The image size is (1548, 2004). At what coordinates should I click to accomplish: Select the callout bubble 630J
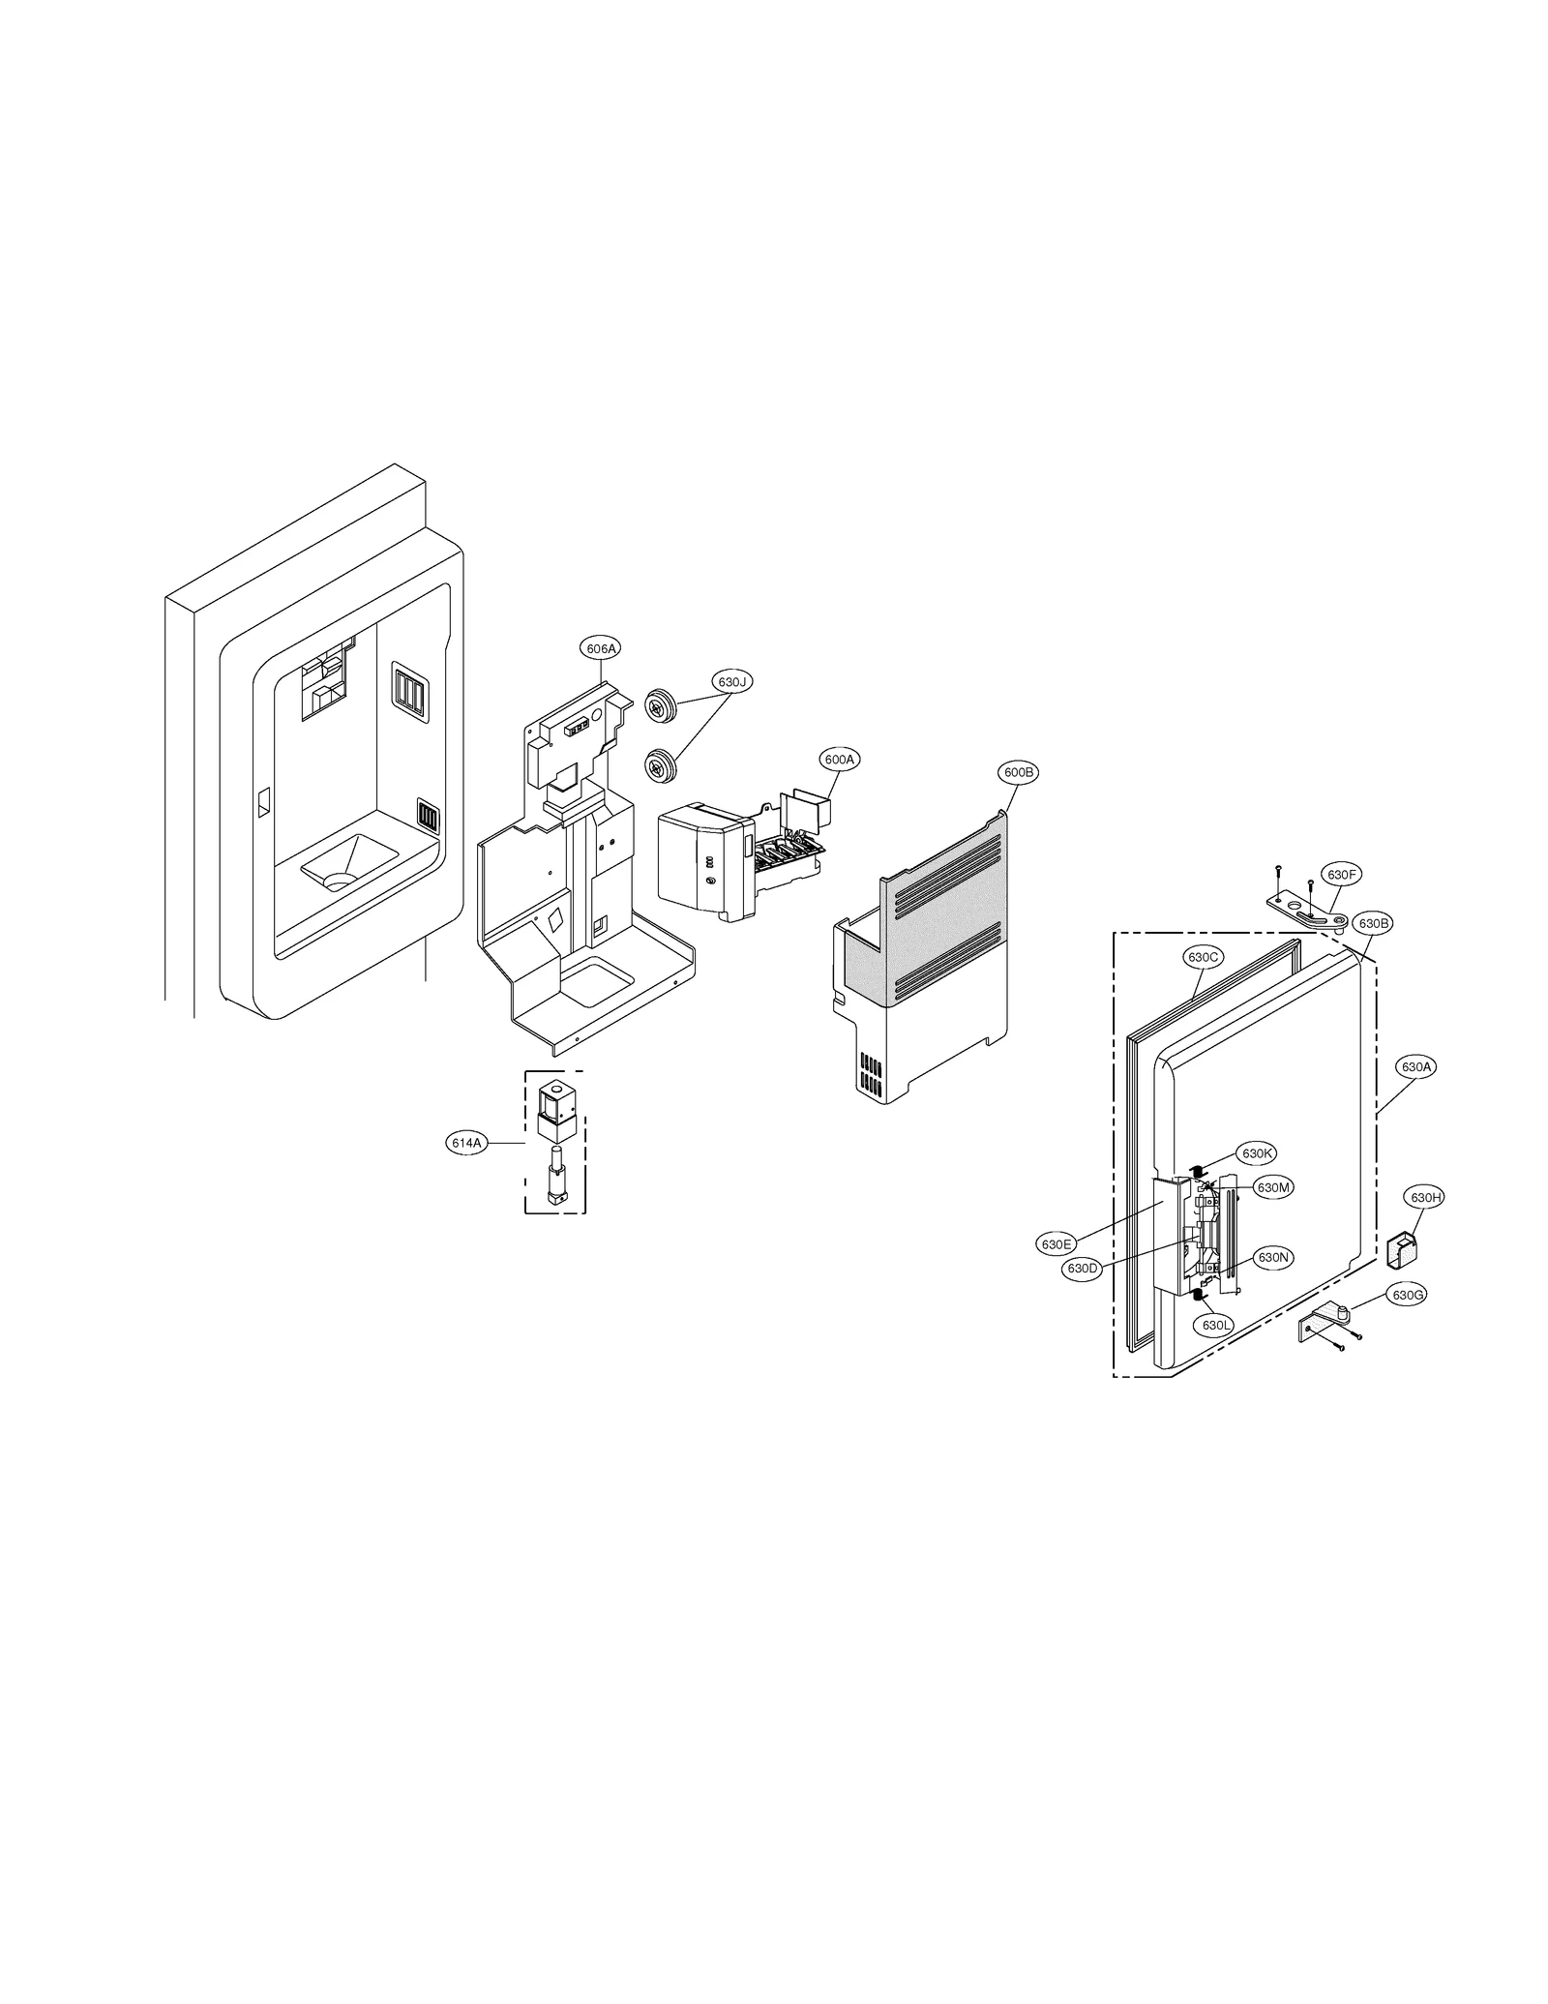[x=732, y=681]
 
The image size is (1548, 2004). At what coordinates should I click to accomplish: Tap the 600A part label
[x=839, y=760]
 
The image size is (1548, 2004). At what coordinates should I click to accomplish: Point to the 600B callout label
[x=1018, y=772]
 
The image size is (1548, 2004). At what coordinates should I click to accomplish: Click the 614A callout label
[x=465, y=1143]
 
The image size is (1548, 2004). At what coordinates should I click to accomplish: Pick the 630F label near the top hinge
[x=1343, y=875]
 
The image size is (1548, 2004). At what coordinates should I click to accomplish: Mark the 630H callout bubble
[x=1426, y=1197]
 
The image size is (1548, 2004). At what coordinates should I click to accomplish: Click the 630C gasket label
[x=1203, y=957]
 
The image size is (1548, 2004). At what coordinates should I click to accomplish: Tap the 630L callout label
[x=1215, y=1325]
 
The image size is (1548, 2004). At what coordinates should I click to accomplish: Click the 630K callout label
[x=1257, y=1153]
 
